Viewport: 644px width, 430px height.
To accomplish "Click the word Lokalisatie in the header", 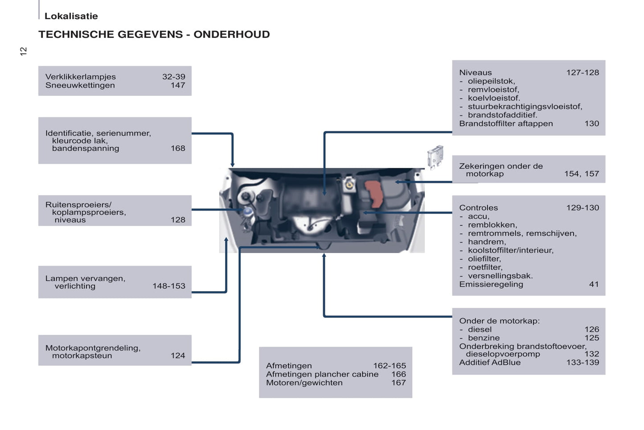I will [x=71, y=16].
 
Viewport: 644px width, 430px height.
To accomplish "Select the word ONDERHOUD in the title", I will [x=231, y=34].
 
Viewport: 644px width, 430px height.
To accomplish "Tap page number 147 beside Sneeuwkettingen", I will [x=178, y=85].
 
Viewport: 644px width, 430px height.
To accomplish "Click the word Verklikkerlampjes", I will [x=80, y=77].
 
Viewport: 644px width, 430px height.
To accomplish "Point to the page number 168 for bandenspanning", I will [x=178, y=148].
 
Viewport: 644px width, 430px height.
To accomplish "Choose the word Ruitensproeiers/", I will [x=78, y=205].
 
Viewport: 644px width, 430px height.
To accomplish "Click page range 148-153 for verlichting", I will [x=168, y=286].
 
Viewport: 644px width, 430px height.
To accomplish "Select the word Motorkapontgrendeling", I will [x=93, y=348].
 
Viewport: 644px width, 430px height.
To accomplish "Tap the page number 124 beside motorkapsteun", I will [x=178, y=356].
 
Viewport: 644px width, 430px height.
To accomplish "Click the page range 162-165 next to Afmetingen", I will [x=390, y=366].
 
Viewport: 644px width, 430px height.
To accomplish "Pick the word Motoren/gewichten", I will [x=304, y=383].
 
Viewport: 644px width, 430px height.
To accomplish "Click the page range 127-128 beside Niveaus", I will [x=582, y=73].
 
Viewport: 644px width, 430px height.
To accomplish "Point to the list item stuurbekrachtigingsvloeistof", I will [x=525, y=107].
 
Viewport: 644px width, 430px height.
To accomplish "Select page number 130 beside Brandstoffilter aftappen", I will [x=592, y=124].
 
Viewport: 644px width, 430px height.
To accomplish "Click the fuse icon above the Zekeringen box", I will [x=435, y=156].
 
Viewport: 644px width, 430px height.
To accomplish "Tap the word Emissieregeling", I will [x=491, y=284].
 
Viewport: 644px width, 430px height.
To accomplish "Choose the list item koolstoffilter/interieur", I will [x=510, y=250].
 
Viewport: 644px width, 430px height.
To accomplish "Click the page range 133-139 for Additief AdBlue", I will [x=582, y=362].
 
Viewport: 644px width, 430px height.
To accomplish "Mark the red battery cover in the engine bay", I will [x=374, y=194].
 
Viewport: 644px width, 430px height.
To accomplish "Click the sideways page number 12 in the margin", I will [x=23, y=51].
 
